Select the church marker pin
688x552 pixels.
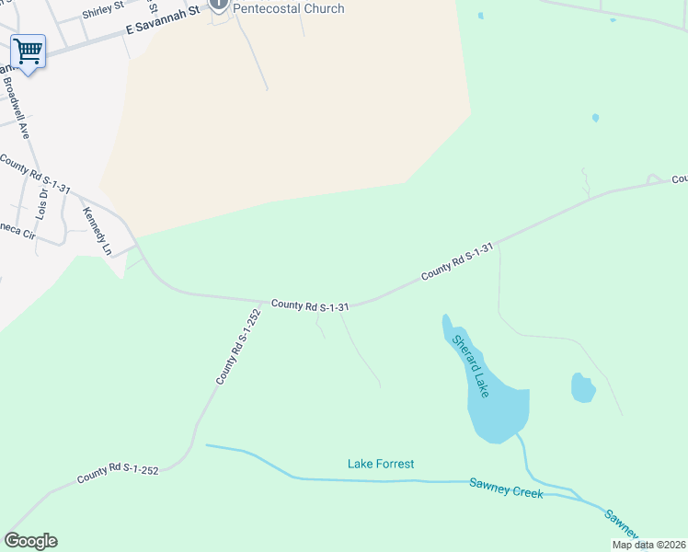tap(219, 5)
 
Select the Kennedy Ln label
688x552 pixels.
tap(97, 232)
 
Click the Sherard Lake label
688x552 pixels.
tap(471, 365)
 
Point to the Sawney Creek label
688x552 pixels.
tap(506, 488)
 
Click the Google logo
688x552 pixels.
tap(30, 541)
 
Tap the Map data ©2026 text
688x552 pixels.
tap(648, 545)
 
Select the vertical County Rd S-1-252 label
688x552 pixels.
tap(238, 346)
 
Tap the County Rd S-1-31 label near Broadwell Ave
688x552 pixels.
tap(35, 175)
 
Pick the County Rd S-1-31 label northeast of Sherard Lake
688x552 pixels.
tap(457, 261)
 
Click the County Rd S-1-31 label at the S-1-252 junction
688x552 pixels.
tap(309, 305)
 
